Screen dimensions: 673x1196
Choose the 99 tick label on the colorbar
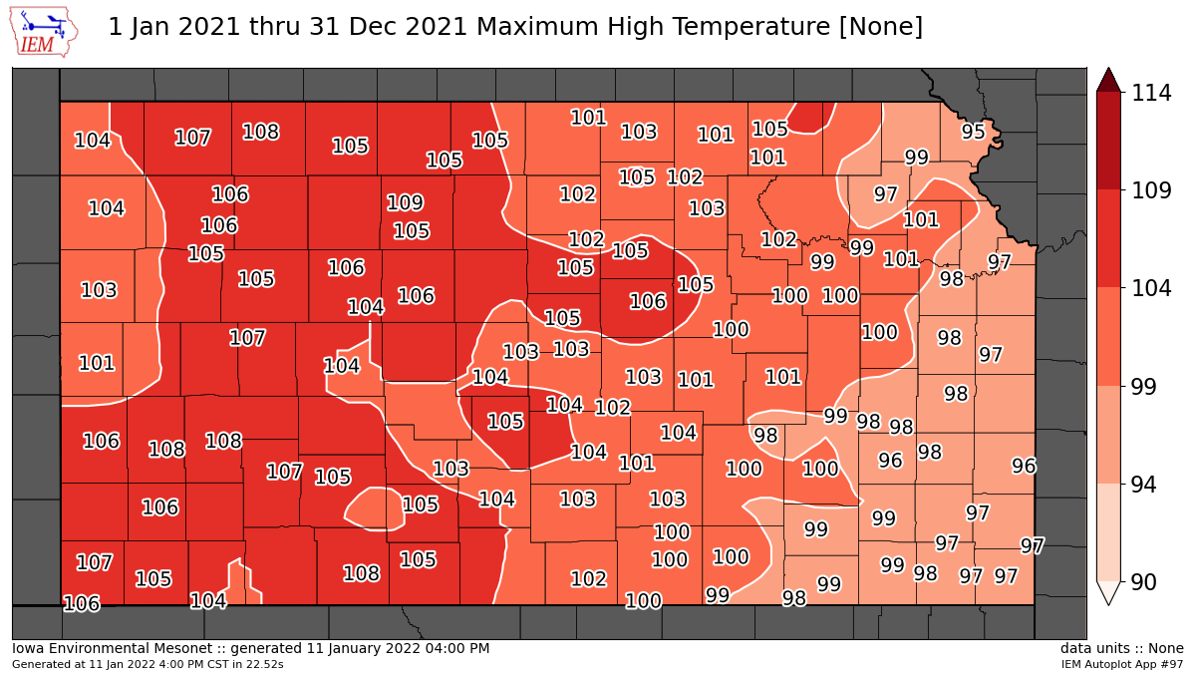point(1145,386)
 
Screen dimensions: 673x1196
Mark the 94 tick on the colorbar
point(1145,485)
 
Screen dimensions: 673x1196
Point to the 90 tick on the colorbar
point(1145,582)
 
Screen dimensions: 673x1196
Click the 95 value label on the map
point(974,132)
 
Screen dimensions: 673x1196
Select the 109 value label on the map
point(405,202)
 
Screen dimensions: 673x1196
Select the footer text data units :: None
point(1121,648)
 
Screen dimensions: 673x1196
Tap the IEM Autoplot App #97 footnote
point(1121,664)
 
